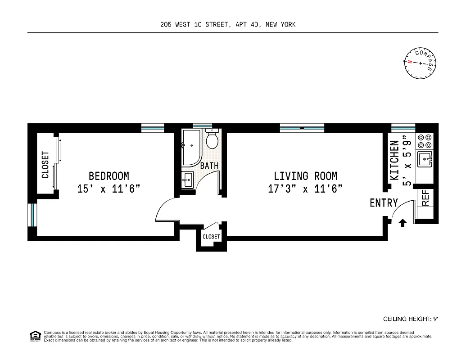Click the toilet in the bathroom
point(212,139)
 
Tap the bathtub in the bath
point(192,147)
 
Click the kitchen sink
point(425,159)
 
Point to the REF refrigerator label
point(425,198)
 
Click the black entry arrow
point(403,222)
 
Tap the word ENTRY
point(384,203)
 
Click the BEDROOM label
point(109,176)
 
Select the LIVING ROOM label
point(305,176)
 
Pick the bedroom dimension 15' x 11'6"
point(109,189)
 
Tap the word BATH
point(209,166)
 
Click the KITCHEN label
point(394,160)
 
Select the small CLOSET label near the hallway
point(211,237)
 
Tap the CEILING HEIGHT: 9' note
point(410,319)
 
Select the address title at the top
point(228,25)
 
